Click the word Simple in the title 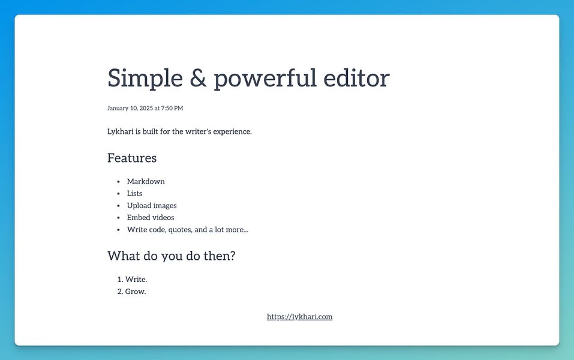coord(145,79)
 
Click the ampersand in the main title coord(198,79)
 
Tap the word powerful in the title coord(265,78)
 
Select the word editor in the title coord(356,77)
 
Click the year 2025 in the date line coord(146,108)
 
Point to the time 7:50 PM coord(172,108)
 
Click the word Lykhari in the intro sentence coord(121,131)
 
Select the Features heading coord(132,158)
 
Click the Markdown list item coord(146,181)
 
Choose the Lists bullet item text coord(135,193)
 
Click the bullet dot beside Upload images coord(118,206)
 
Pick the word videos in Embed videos coord(163,218)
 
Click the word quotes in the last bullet coord(180,230)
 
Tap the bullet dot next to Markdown coord(118,182)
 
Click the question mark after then coord(232,255)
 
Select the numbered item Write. coord(136,280)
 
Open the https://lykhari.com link coord(299,317)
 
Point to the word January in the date coord(118,108)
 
